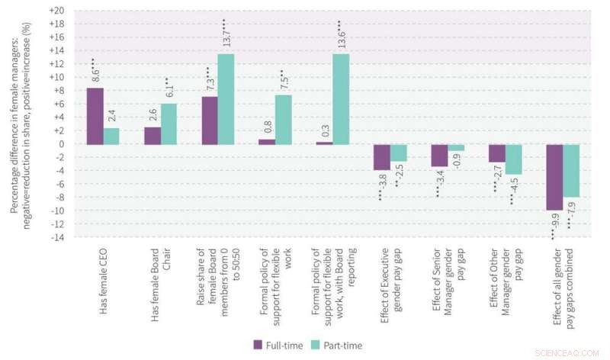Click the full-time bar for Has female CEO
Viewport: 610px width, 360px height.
[95, 116]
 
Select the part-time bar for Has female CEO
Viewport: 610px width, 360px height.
[112, 136]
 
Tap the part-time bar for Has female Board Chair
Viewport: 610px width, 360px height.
[169, 124]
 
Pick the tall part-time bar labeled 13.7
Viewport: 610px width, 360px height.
[226, 99]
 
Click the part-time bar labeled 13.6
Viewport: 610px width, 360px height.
[341, 99]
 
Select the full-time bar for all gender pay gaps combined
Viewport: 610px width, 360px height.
[554, 177]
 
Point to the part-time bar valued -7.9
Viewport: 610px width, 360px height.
[571, 171]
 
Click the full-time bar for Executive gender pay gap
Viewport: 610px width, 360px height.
[382, 157]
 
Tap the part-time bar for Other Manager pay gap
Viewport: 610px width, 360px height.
[514, 159]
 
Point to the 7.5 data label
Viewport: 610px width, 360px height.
[284, 81]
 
